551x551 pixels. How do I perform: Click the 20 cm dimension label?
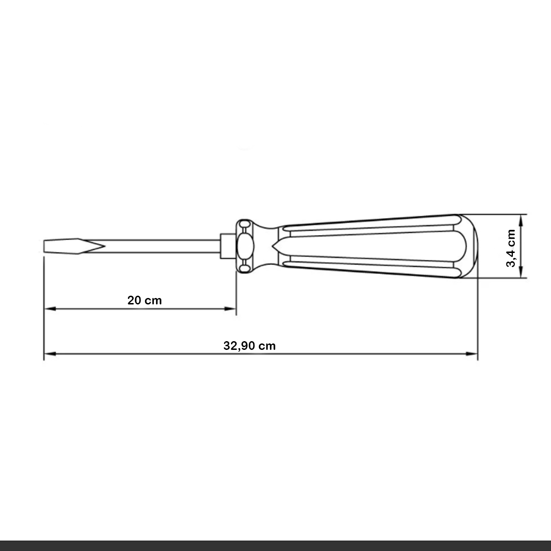pos(145,301)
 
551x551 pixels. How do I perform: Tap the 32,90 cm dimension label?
pos(249,346)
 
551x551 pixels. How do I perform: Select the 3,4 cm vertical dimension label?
pos(511,248)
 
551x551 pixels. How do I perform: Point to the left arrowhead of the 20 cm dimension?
pos(49,309)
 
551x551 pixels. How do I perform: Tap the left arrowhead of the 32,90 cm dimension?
pos(49,354)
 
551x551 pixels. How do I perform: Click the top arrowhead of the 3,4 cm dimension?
pos(521,219)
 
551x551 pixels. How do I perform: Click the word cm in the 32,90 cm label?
pos(267,346)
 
